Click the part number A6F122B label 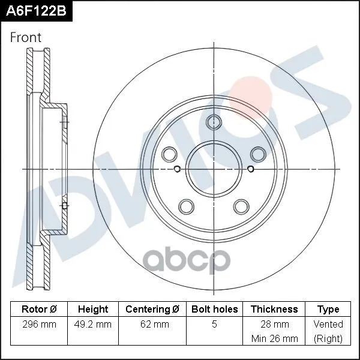(x=36, y=11)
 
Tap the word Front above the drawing (x=26, y=37)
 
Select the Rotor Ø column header (x=39, y=309)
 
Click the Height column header (x=93, y=309)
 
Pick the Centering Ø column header (x=152, y=309)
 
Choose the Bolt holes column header (x=214, y=309)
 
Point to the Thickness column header (x=274, y=309)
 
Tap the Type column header (x=328, y=310)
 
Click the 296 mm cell (x=39, y=325)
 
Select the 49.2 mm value (x=93, y=325)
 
